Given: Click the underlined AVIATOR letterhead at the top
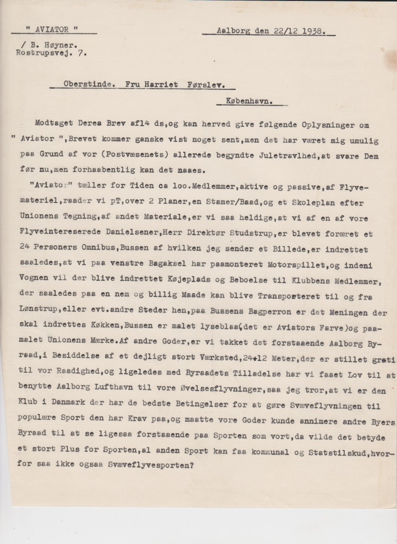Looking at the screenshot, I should pos(53,29).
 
